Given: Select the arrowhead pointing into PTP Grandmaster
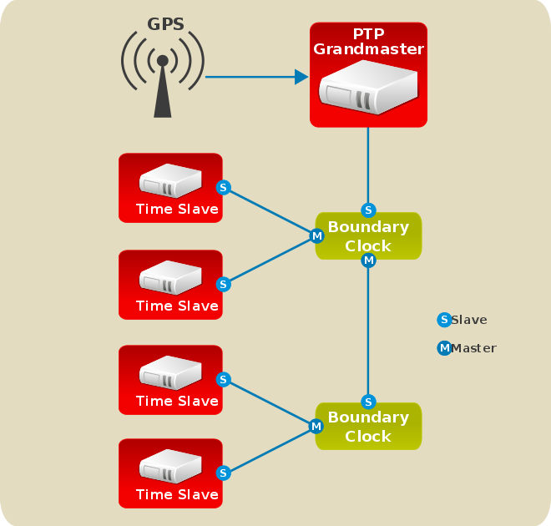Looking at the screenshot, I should coord(301,77).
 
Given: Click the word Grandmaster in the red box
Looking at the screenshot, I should coord(368,49).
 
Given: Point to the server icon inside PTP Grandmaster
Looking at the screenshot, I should coord(368,87).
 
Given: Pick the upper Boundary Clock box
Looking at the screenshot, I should coord(368,236).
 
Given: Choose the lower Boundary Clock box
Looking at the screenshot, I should coord(368,427).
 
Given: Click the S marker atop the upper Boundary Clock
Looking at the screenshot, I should coord(369,210).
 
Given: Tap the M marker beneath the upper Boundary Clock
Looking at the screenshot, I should coord(369,260).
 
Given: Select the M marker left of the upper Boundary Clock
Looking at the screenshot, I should coord(316,236).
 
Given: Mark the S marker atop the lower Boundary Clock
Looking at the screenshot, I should coord(369,402).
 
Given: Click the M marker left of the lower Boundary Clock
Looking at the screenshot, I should coord(316,427).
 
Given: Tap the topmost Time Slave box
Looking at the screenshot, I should coord(170,188).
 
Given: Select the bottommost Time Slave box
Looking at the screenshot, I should coord(170,473).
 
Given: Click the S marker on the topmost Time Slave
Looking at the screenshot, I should coord(223,187).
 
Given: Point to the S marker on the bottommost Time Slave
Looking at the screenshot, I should coord(223,473).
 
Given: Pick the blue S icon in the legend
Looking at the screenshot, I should coord(444,320).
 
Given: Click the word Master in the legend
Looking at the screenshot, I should coord(474,348).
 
